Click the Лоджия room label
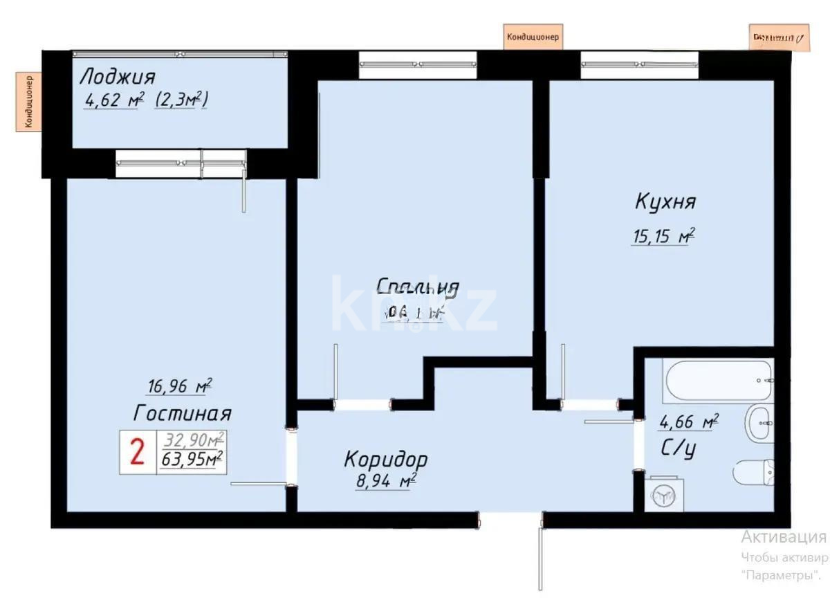click(x=118, y=75)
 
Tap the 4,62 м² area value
click(x=113, y=100)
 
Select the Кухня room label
click(x=665, y=202)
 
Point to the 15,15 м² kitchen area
click(x=663, y=237)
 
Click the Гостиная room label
click(x=182, y=413)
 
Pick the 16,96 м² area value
click(x=179, y=386)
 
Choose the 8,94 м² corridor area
click(x=385, y=480)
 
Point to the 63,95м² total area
click(x=192, y=459)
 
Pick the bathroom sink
click(x=759, y=424)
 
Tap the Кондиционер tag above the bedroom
click(x=533, y=37)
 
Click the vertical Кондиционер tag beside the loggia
click(x=29, y=102)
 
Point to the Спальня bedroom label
click(x=418, y=287)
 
